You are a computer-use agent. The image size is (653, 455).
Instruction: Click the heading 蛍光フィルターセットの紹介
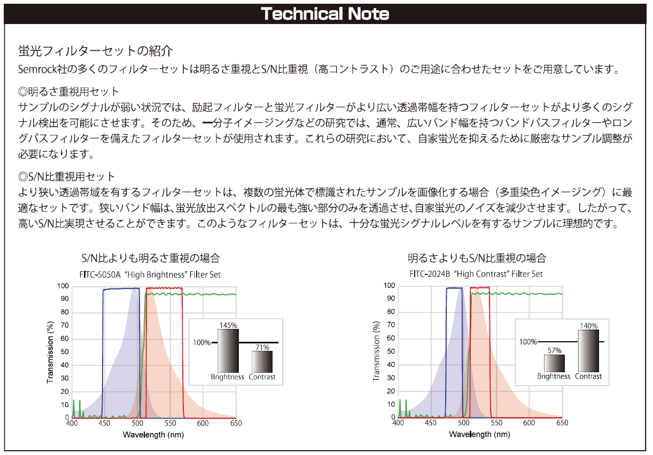pos(96,51)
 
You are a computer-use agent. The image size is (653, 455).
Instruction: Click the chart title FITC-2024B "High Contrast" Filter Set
pos(476,274)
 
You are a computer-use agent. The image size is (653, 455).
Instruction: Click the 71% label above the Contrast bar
pos(262,347)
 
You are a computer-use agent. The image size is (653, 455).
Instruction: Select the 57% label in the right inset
pos(554,351)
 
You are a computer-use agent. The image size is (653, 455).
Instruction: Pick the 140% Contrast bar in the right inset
pos(588,351)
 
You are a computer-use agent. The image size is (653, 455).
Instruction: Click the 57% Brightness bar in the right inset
pos(554,363)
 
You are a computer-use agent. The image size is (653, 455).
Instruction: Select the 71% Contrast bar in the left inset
pos(262,362)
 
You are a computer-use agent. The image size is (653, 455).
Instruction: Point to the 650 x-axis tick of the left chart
pos(236,423)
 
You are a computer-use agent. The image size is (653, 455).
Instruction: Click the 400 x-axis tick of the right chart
pos(398,423)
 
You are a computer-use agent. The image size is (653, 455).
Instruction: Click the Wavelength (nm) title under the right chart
pos(480,434)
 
